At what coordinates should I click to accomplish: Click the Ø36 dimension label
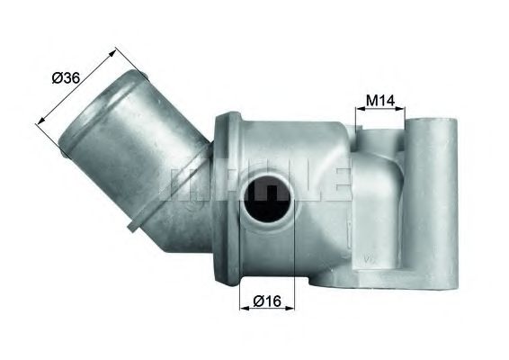67,78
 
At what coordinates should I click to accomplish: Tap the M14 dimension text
382,100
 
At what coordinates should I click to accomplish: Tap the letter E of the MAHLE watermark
335,180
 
